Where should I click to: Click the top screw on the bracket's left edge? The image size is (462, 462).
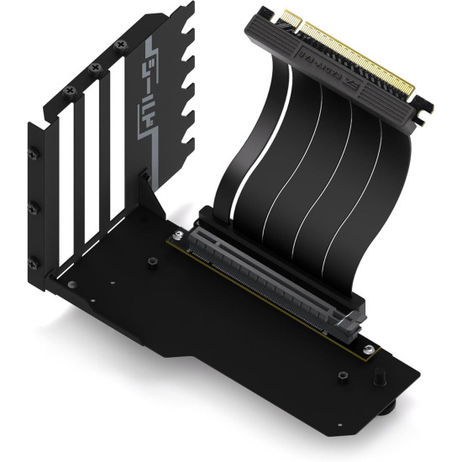34,153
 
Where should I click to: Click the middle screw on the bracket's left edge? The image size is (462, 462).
34,206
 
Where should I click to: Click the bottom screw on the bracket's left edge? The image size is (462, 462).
34,260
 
